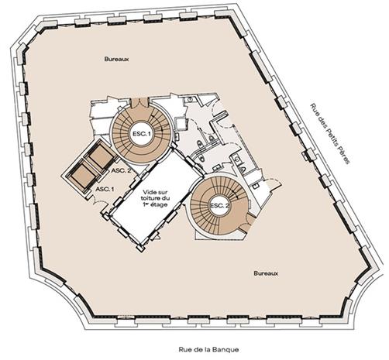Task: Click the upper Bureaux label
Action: pyautogui.click(x=116, y=59)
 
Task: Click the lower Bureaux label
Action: pyautogui.click(x=266, y=273)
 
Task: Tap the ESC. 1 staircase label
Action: pyautogui.click(x=142, y=134)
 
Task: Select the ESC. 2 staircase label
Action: pyautogui.click(x=219, y=206)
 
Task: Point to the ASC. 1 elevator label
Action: pyautogui.click(x=105, y=189)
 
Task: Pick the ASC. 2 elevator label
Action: pyautogui.click(x=121, y=170)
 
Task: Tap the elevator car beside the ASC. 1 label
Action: pyautogui.click(x=83, y=174)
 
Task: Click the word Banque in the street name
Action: pyautogui.click(x=225, y=350)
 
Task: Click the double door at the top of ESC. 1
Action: pyautogui.click(x=139, y=103)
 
